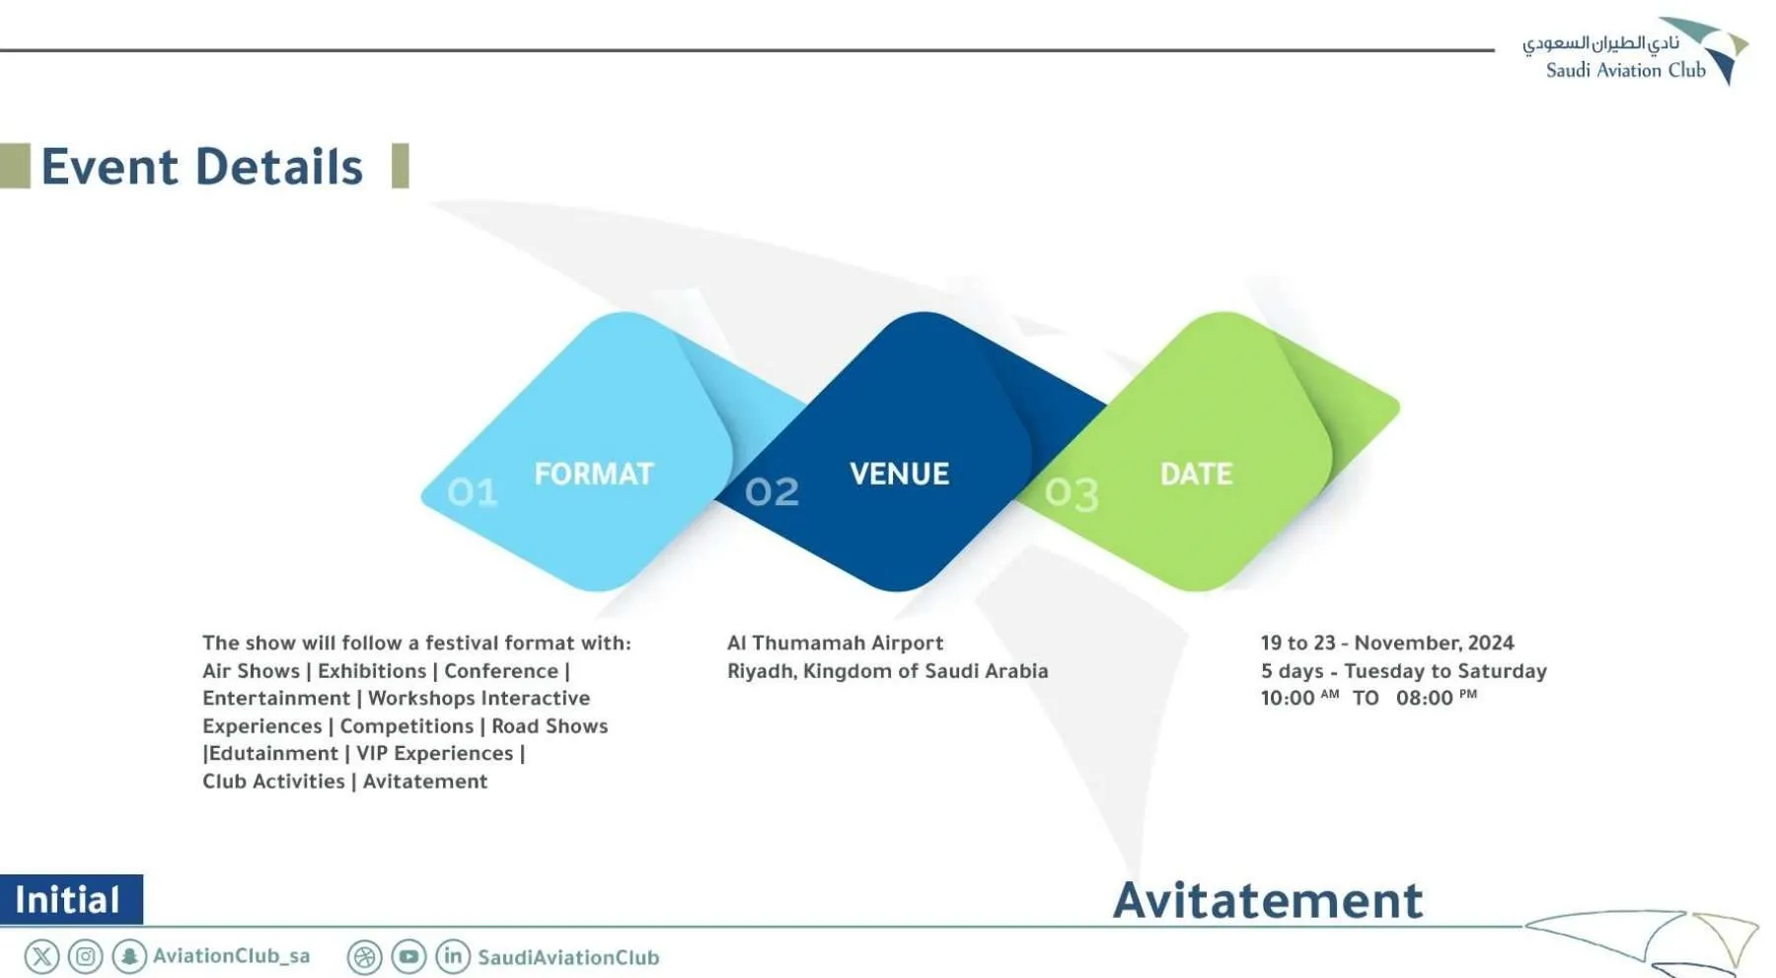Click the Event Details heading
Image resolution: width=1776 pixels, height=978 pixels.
[x=201, y=166]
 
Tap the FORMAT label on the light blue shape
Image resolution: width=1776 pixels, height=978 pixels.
[x=594, y=474]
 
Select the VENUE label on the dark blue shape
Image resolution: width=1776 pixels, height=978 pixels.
[x=899, y=474]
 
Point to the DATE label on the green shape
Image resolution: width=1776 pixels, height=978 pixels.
[x=1196, y=474]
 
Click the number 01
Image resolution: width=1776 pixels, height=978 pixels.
[x=473, y=491]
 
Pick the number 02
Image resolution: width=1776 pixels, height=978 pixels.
[x=772, y=491]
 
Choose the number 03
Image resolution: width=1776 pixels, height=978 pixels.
[x=1072, y=493]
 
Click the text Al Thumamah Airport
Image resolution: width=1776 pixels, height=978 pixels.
[x=835, y=642]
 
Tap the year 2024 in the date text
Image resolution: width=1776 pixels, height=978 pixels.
[x=1491, y=642]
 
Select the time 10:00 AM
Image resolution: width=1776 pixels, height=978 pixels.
[x=1299, y=698]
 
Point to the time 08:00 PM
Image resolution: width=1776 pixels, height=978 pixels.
[x=1437, y=698]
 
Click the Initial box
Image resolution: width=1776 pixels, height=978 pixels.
[x=71, y=899]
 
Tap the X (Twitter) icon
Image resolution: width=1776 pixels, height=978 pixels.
[x=41, y=956]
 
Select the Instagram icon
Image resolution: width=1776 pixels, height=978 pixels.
[x=86, y=956]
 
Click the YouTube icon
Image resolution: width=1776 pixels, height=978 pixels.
[x=408, y=956]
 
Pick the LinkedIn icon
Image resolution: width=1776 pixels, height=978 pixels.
[x=453, y=956]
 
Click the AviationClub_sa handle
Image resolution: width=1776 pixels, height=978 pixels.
[x=231, y=956]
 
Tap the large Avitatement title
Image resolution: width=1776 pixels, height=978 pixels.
[x=1268, y=900]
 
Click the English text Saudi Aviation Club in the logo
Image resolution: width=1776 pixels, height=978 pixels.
[x=1625, y=70]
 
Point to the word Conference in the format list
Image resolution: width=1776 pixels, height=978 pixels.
[x=501, y=671]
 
